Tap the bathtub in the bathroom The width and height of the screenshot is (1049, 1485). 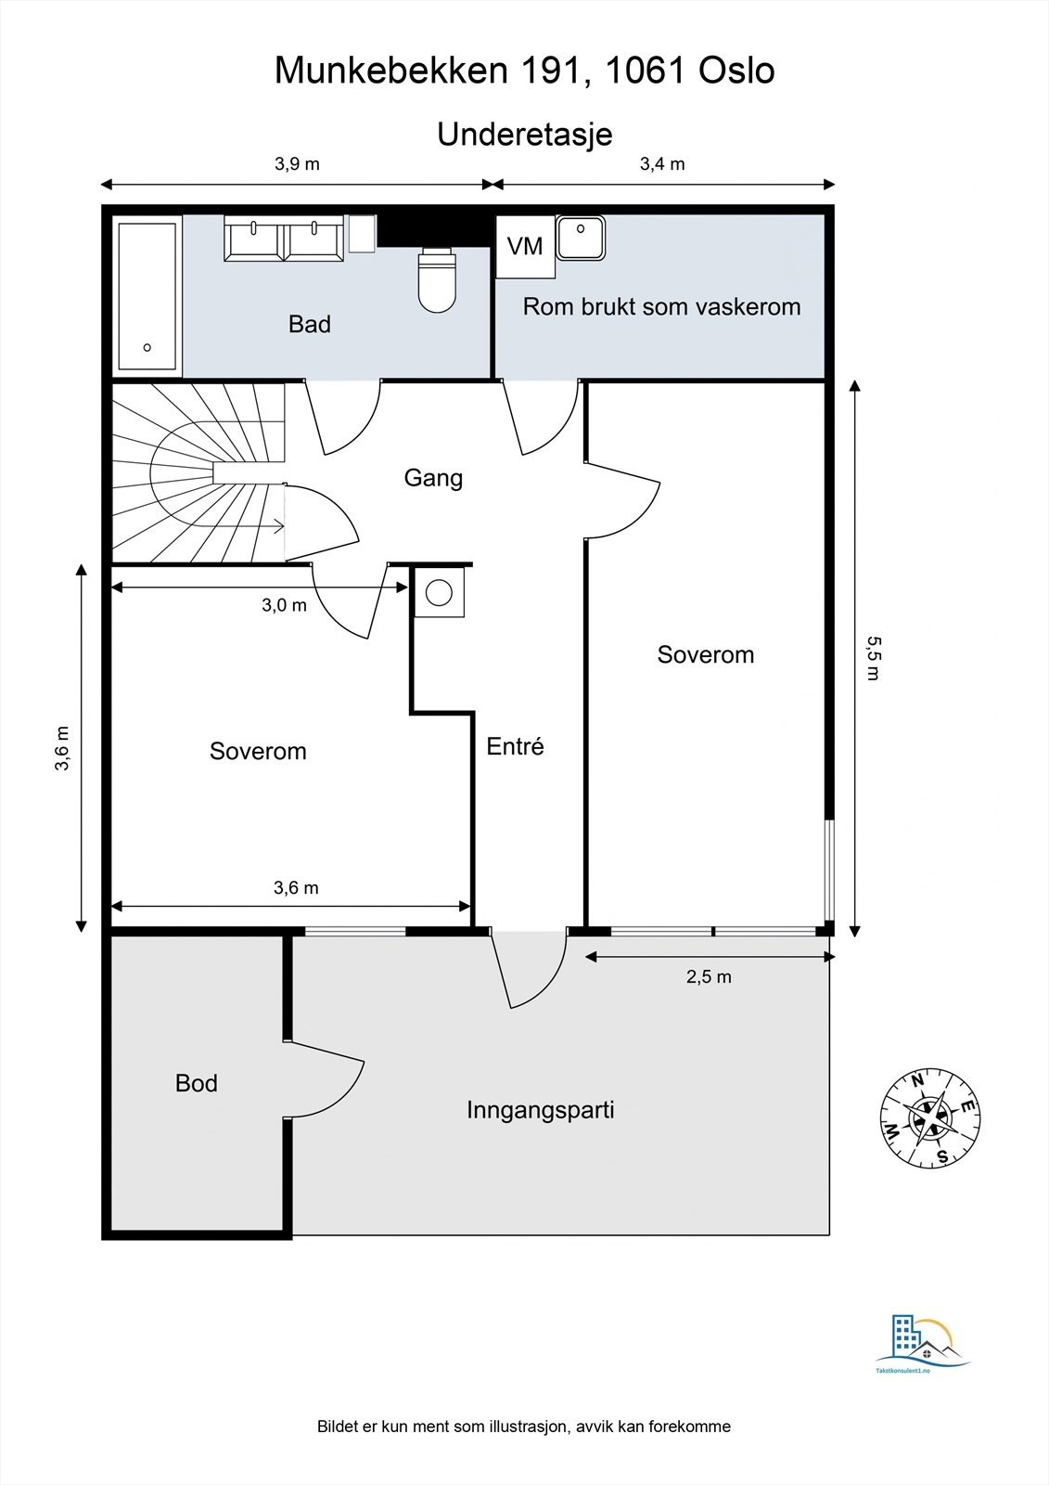tap(147, 295)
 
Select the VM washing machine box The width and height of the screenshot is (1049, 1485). tap(525, 247)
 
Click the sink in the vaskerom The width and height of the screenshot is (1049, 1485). tap(581, 238)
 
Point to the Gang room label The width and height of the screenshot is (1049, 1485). tap(433, 478)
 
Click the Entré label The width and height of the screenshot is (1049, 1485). tap(515, 746)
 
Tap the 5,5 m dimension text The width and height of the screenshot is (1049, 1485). tap(871, 657)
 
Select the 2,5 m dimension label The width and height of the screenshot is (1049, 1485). tap(709, 976)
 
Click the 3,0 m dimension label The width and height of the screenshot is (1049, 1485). tap(284, 605)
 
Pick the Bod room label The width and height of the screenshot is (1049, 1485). tap(197, 1083)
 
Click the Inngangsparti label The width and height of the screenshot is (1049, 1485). tap(540, 1110)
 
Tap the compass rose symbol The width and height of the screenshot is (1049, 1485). tap(930, 1117)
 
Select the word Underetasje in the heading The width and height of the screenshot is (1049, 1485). tap(525, 134)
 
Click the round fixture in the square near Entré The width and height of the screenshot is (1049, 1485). tap(439, 592)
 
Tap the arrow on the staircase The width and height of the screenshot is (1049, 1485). tap(275, 527)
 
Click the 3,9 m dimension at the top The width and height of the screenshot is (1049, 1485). tap(297, 164)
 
